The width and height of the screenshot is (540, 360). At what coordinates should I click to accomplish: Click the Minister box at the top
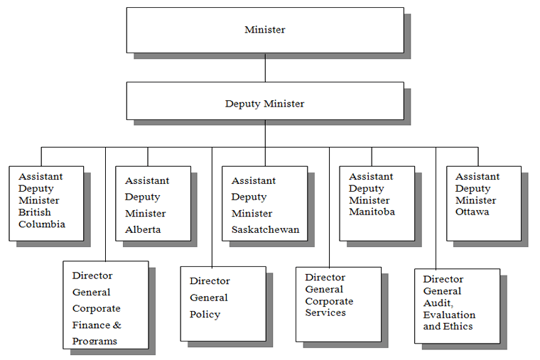point(265,31)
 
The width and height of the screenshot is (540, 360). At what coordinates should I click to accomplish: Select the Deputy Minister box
point(265,101)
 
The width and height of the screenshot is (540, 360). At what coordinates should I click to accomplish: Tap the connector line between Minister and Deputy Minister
point(265,67)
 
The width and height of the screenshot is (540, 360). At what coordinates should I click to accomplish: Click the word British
point(34,212)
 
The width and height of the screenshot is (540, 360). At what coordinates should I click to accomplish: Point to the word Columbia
point(42,224)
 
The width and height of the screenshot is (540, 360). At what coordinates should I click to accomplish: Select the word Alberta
point(143,229)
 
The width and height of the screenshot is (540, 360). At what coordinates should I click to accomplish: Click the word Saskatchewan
point(265,229)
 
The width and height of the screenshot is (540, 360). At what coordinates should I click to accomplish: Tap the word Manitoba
point(372,212)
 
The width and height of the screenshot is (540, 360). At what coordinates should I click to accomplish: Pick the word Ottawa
point(472,212)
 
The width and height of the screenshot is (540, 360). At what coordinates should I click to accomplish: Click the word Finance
point(91,325)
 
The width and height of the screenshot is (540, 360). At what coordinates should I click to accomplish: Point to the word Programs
point(94,342)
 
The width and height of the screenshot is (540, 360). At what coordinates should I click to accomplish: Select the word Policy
point(205,315)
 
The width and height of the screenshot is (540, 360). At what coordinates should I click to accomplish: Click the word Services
point(325,312)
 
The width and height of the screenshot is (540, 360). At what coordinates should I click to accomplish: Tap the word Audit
point(438,303)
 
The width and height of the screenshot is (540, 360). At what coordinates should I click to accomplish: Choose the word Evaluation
point(449,315)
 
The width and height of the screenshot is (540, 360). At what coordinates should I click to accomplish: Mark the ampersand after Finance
point(117,325)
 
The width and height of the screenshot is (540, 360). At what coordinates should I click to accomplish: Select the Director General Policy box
point(223,304)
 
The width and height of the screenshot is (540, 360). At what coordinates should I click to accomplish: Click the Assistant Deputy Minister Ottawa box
point(484,204)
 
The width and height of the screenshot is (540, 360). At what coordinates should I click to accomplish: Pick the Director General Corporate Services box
point(338,305)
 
